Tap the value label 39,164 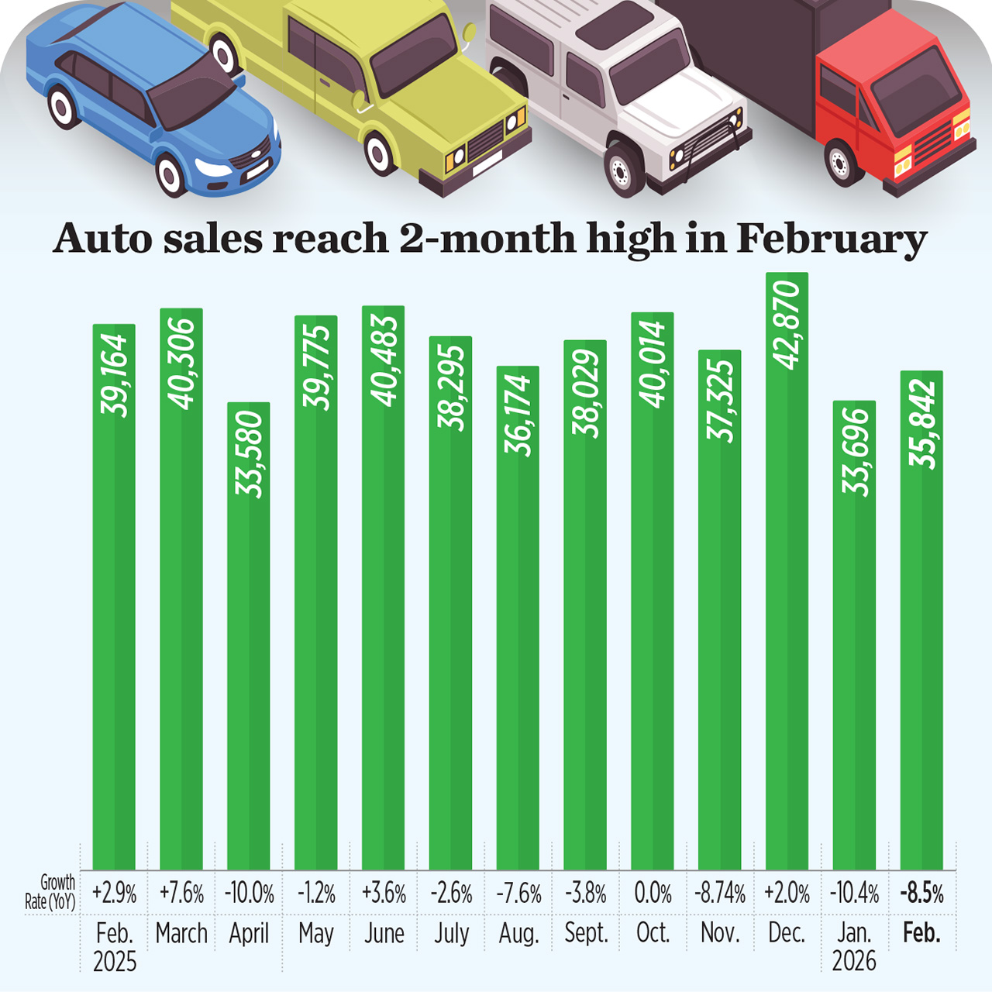(114, 375)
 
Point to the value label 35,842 (922, 423)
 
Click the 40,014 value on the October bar (653, 363)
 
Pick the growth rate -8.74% (720, 894)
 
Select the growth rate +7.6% (181, 894)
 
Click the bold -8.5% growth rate (921, 894)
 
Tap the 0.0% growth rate (653, 894)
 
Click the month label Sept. (586, 933)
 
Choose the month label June (384, 933)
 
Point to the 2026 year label (854, 962)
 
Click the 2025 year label (115, 962)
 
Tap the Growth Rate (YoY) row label (51, 892)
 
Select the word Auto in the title (102, 239)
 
